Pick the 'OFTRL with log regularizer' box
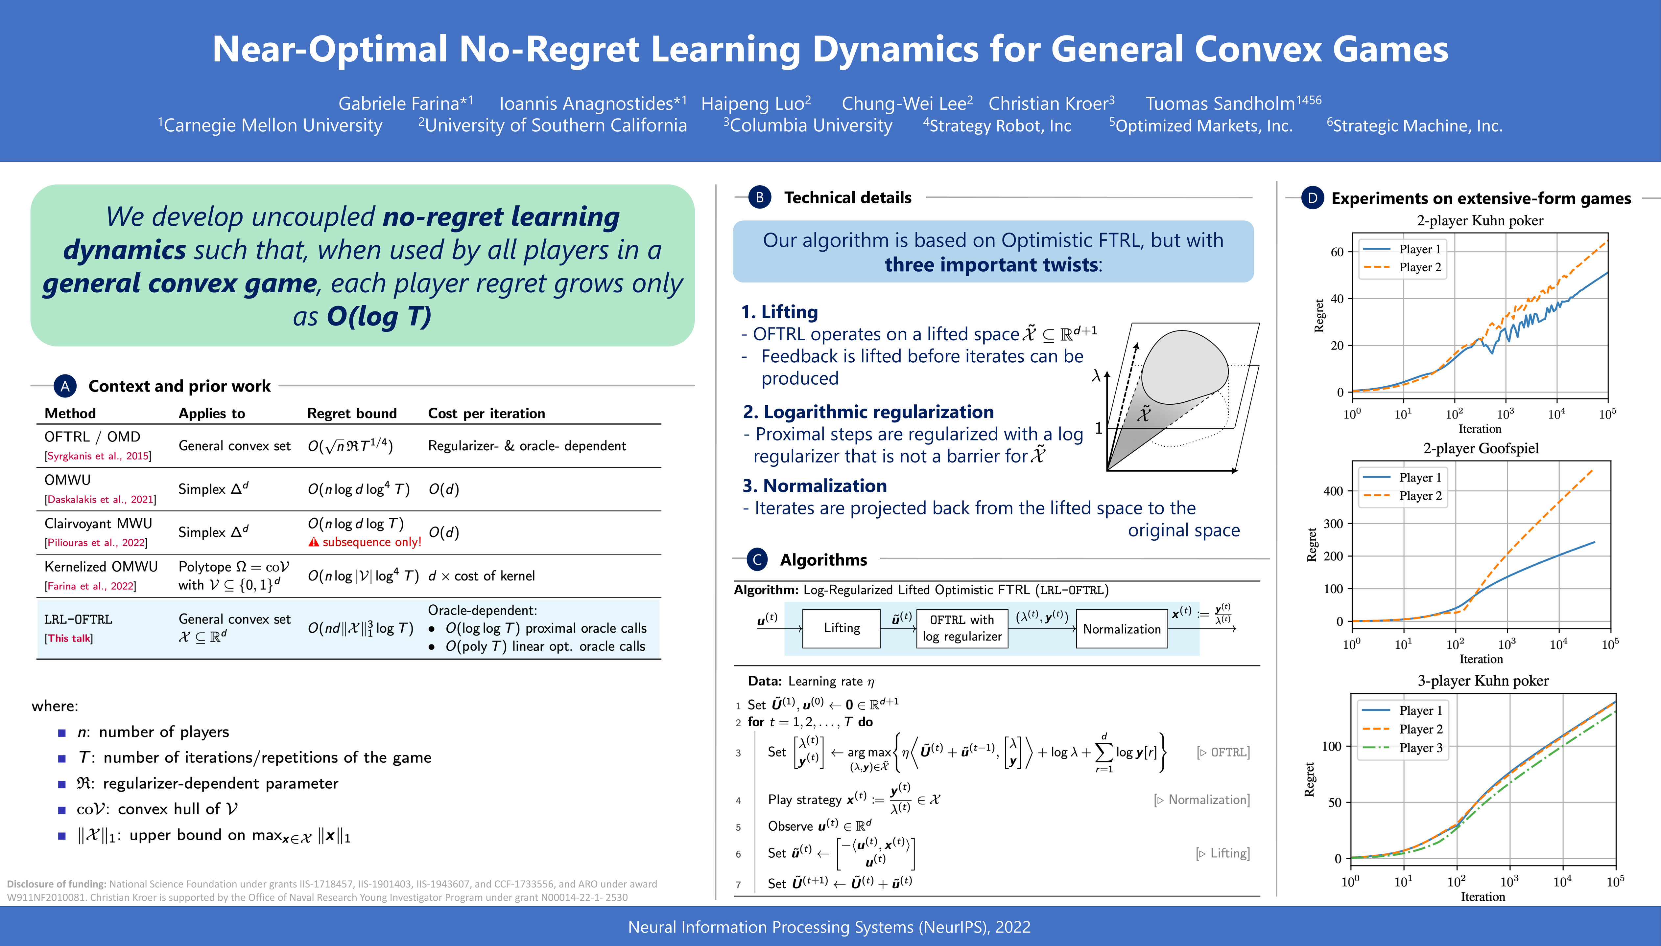pyautogui.click(x=962, y=628)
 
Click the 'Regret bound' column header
pyautogui.click(x=352, y=413)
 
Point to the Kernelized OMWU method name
pyautogui.click(x=101, y=567)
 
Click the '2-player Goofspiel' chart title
pyautogui.click(x=1481, y=448)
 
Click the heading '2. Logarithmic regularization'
pyautogui.click(x=868, y=412)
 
